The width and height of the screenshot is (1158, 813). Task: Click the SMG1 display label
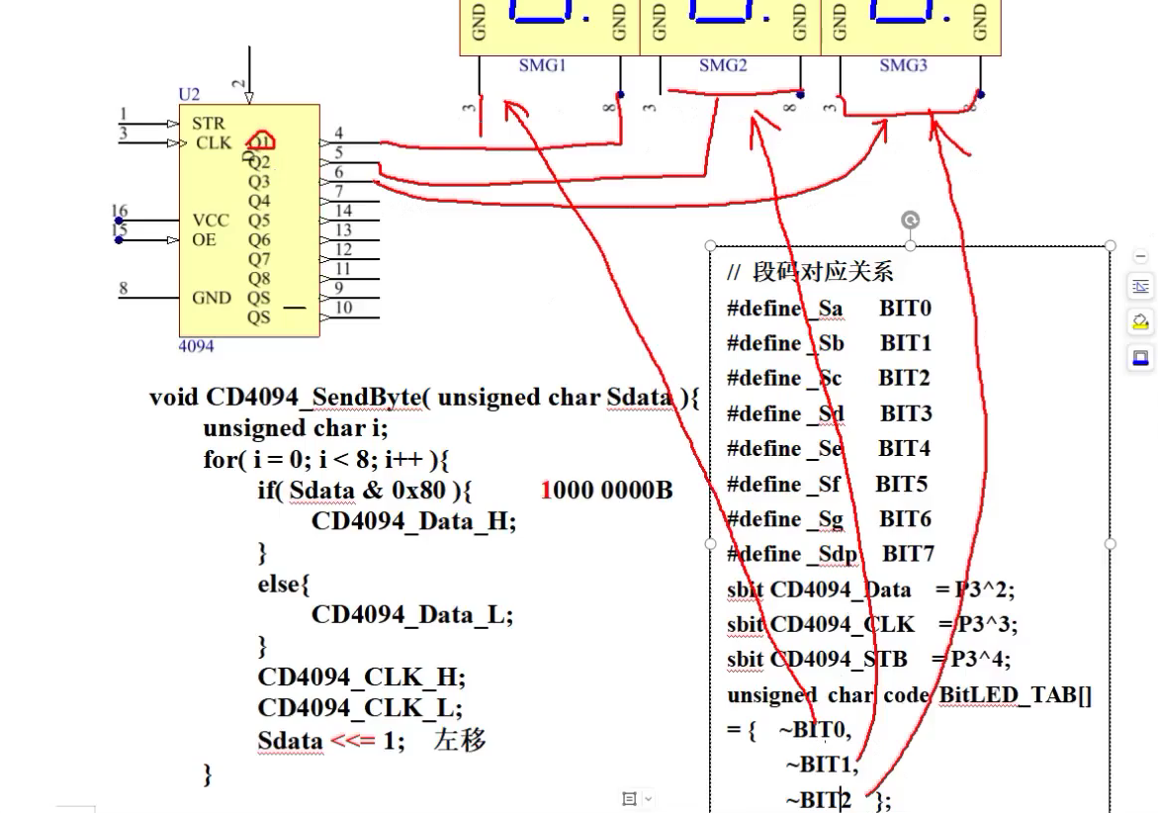tap(542, 65)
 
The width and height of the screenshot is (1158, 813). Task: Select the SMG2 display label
tap(723, 65)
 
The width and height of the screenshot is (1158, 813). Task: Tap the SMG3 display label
tap(903, 65)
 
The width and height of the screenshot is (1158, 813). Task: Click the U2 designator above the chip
tap(189, 95)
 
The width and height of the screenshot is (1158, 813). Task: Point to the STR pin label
tap(209, 124)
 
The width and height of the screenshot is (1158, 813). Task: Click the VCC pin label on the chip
tap(211, 221)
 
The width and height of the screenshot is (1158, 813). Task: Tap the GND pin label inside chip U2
tap(212, 298)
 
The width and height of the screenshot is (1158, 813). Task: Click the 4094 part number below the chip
tap(196, 347)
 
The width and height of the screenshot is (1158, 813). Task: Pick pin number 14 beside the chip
tap(343, 211)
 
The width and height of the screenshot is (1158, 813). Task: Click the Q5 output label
tap(259, 221)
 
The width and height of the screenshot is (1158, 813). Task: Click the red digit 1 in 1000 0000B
tap(547, 491)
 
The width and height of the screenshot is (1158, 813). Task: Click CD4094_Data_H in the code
tap(412, 521)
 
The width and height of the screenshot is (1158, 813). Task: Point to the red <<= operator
tap(352, 740)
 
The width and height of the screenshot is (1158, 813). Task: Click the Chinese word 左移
tap(460, 740)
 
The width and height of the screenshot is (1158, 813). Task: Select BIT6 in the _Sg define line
tap(905, 519)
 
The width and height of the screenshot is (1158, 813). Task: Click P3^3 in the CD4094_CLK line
tap(988, 624)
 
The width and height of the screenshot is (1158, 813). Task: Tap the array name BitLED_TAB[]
tap(1015, 695)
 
